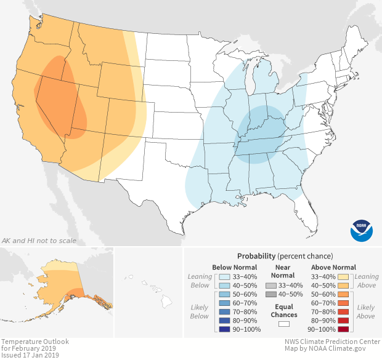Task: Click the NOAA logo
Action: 362,230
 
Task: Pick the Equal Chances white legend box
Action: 284,323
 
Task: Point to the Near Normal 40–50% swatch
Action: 270,295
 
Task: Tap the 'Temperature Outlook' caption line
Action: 35,342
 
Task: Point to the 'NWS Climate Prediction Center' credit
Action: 331,342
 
